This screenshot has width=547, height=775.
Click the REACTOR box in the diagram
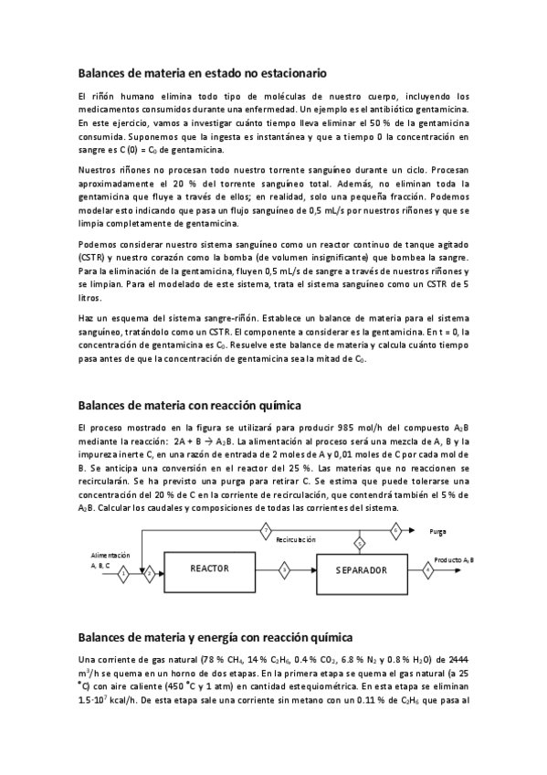pyautogui.click(x=209, y=568)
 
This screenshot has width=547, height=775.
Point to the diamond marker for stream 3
pyautogui.click(x=285, y=569)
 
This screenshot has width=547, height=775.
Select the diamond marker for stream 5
pyautogui.click(x=359, y=544)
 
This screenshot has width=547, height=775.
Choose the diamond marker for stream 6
pyautogui.click(x=395, y=529)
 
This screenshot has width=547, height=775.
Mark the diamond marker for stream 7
pyautogui.click(x=266, y=529)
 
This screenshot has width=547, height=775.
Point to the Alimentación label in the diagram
pyautogui.click(x=110, y=555)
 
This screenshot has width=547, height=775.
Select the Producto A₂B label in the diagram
pyautogui.click(x=453, y=559)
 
